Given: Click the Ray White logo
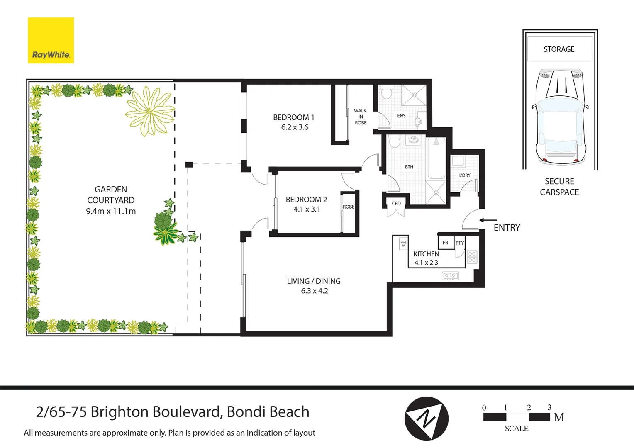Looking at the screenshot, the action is (x=51, y=40).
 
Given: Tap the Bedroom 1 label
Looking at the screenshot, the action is (x=294, y=117).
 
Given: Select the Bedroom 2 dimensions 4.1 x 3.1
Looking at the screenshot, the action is (x=307, y=209).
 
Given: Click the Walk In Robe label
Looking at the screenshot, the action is (x=360, y=117).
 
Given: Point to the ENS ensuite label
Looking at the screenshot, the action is (x=401, y=116).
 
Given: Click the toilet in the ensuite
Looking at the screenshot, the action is (x=387, y=93).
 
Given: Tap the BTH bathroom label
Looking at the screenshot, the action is (x=409, y=167).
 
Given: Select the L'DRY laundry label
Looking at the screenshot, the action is (x=465, y=175).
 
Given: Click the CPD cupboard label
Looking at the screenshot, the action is (x=396, y=203).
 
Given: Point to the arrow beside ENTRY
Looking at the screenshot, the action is (x=488, y=220).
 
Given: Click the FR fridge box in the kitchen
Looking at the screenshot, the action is (x=445, y=243).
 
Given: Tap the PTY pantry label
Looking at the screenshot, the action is (x=460, y=243).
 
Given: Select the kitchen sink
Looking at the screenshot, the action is (x=450, y=275).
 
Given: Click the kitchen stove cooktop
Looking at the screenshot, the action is (x=472, y=257).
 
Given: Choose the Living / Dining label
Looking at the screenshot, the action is (x=314, y=281).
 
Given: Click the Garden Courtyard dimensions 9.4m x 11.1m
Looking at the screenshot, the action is (x=111, y=211).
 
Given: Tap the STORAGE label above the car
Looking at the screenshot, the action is (x=559, y=49).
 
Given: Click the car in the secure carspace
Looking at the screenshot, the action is (x=559, y=116).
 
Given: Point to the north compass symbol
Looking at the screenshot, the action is (x=426, y=419).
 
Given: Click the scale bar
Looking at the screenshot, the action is (x=517, y=417).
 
